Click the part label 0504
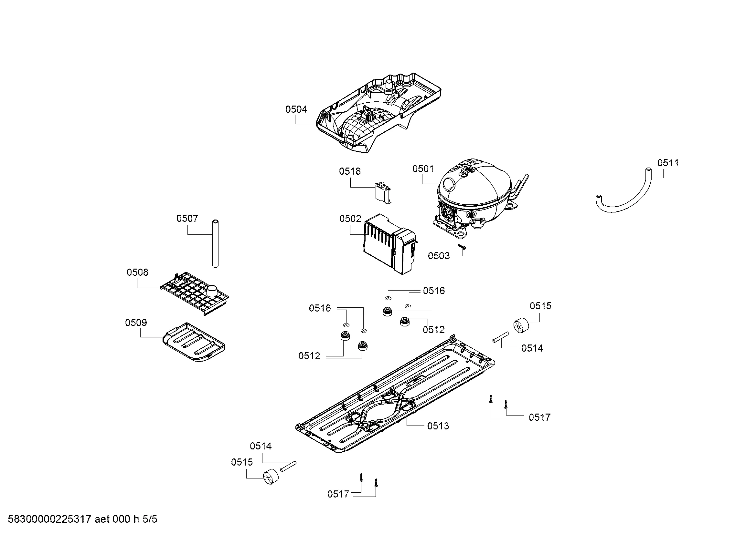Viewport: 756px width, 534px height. pos(296,109)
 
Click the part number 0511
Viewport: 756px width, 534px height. pos(668,163)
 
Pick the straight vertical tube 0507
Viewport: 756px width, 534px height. pos(216,244)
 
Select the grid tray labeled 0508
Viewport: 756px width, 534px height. pos(194,293)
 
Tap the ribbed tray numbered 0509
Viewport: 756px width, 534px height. pos(194,342)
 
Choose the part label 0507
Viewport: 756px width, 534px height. pos(187,218)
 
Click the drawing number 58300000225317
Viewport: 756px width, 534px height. pos(49,519)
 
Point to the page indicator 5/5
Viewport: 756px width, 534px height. pos(150,519)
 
